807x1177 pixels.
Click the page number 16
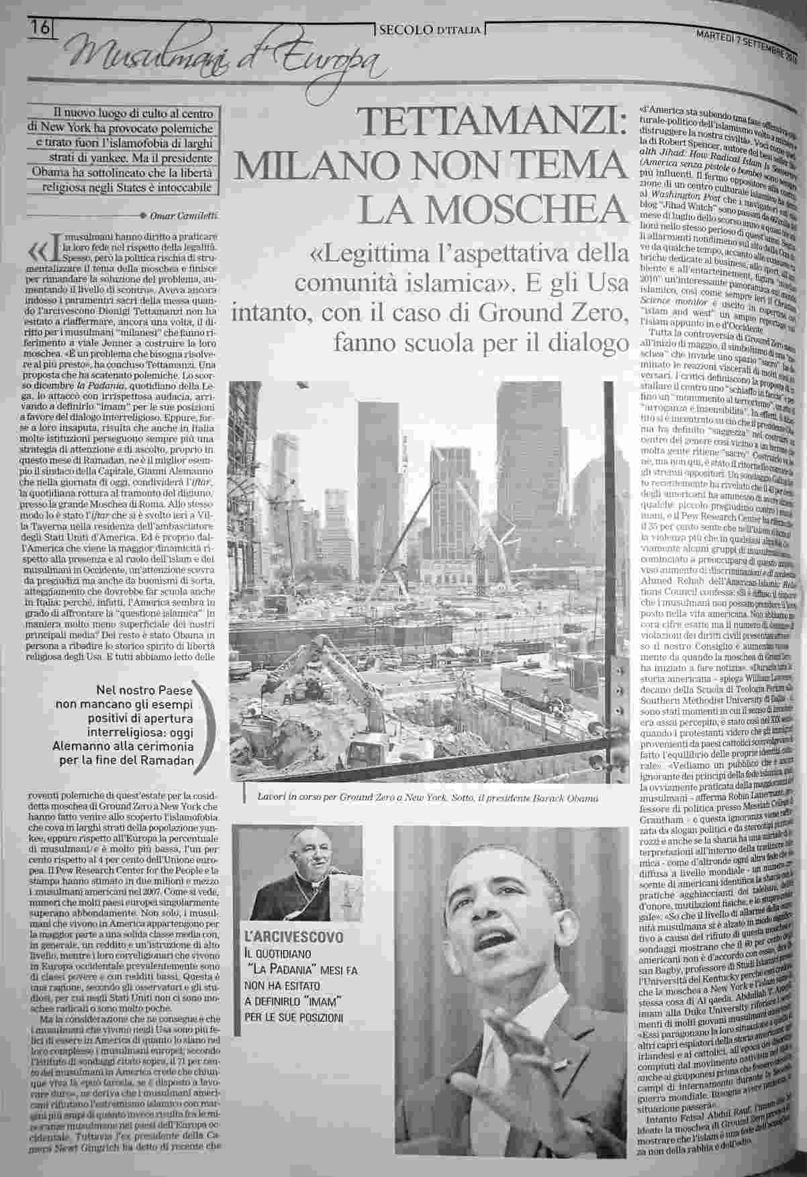pos(40,30)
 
